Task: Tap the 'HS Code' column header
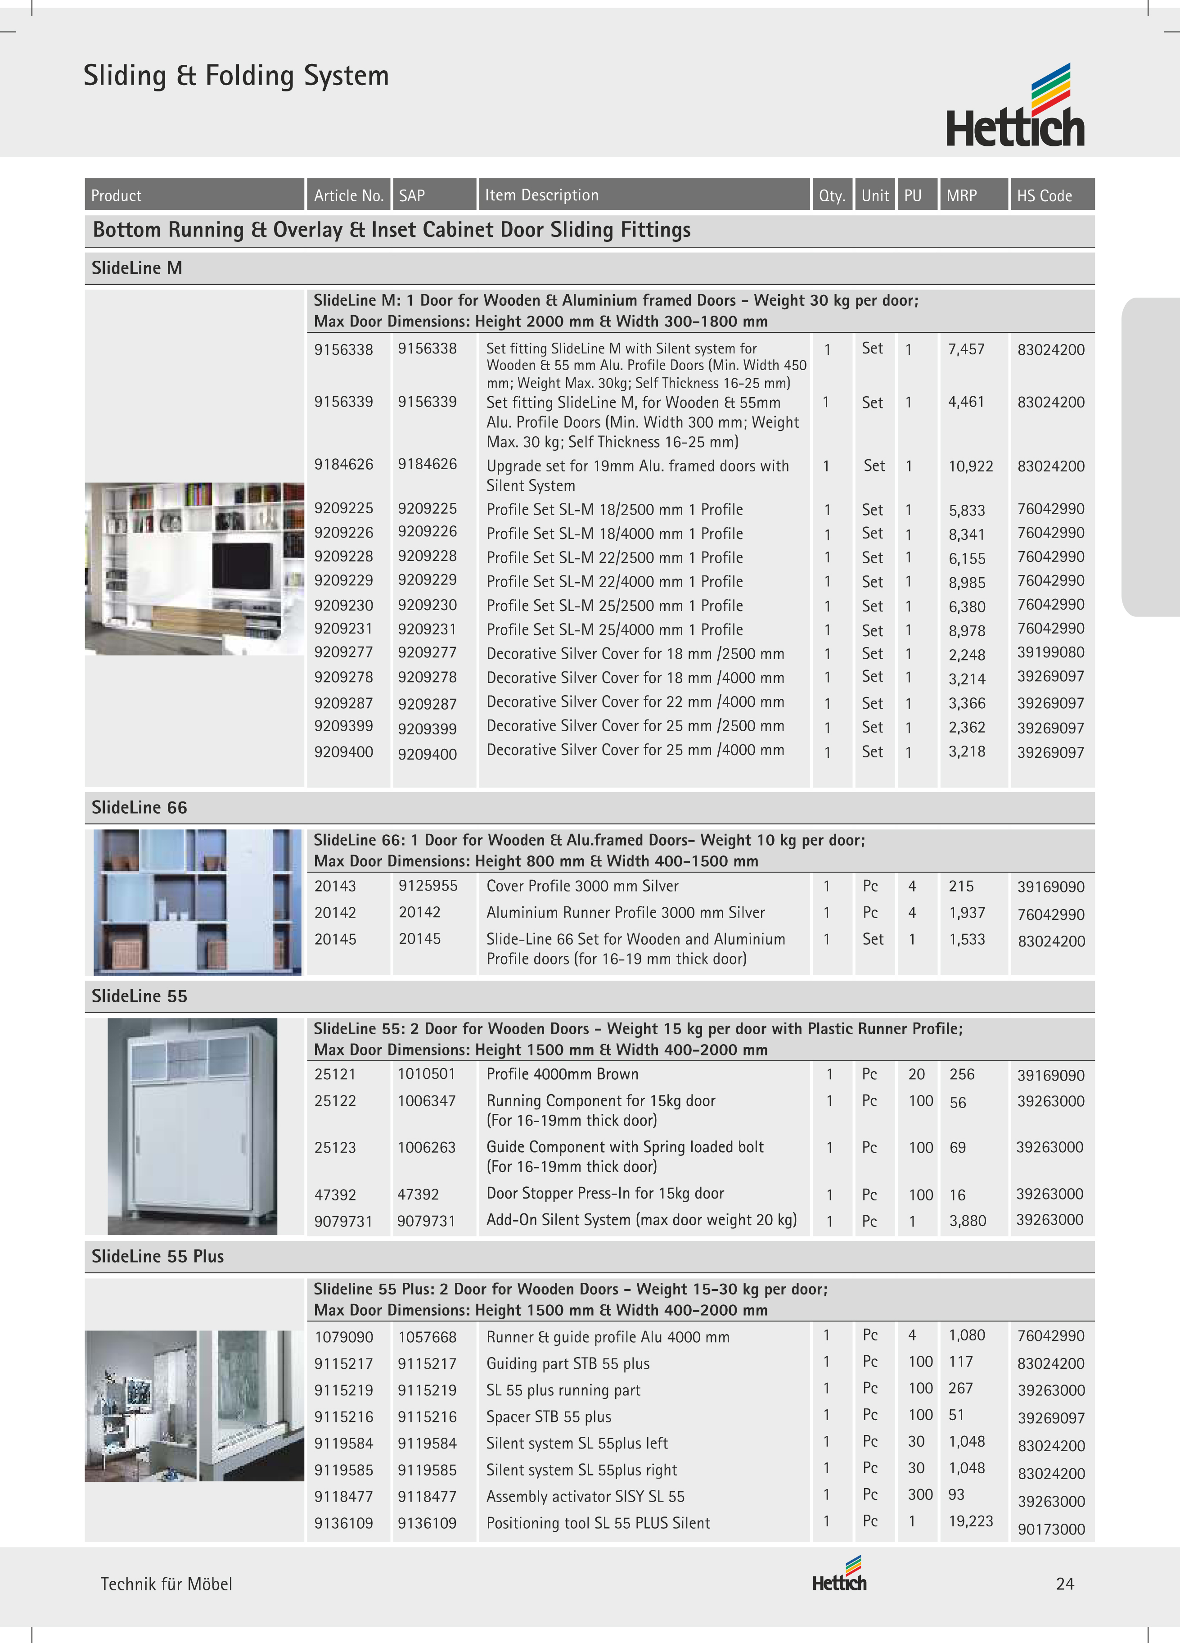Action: pos(1044,195)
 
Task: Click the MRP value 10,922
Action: pos(970,466)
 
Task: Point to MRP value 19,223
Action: pos(970,1521)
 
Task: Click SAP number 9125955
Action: pos(428,886)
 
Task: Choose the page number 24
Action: pos(1064,1584)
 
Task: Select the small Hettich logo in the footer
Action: pos(839,1574)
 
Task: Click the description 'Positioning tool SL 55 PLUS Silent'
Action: pos(598,1523)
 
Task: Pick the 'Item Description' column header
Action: pos(541,195)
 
